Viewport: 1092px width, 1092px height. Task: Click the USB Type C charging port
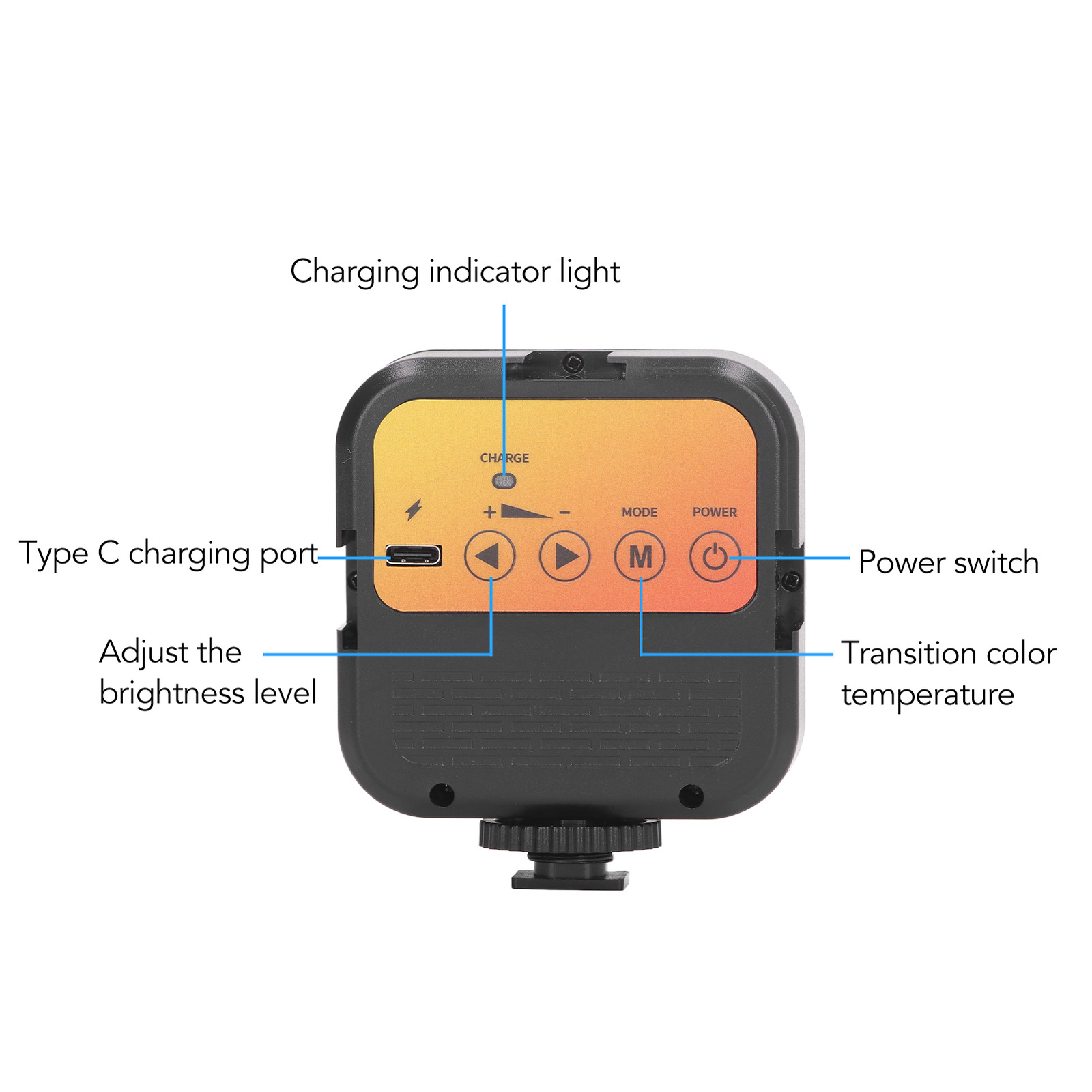[x=414, y=556]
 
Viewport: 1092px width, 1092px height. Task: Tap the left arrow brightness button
[x=489, y=556]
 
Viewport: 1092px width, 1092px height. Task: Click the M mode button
[x=640, y=557]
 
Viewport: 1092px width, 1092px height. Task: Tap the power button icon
[x=715, y=557]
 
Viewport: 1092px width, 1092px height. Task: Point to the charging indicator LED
[x=504, y=480]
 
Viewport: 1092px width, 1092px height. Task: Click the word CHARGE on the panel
[x=504, y=458]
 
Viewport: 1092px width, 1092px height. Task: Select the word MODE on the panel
[x=640, y=512]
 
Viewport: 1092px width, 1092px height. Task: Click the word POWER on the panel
[x=715, y=512]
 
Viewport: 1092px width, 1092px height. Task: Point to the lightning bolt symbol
[x=414, y=510]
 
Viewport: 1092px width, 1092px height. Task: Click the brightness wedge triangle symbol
[x=524, y=511]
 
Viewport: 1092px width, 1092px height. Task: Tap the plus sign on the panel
[x=489, y=512]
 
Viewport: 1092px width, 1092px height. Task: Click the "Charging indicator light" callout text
[x=455, y=272]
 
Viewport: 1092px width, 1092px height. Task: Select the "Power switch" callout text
[x=948, y=562]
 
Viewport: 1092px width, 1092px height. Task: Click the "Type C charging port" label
[x=169, y=554]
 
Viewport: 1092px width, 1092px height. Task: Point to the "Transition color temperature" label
[x=948, y=674]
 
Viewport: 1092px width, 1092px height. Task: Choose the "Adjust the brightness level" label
[x=207, y=672]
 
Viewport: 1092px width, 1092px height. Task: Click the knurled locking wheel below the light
[x=570, y=835]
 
